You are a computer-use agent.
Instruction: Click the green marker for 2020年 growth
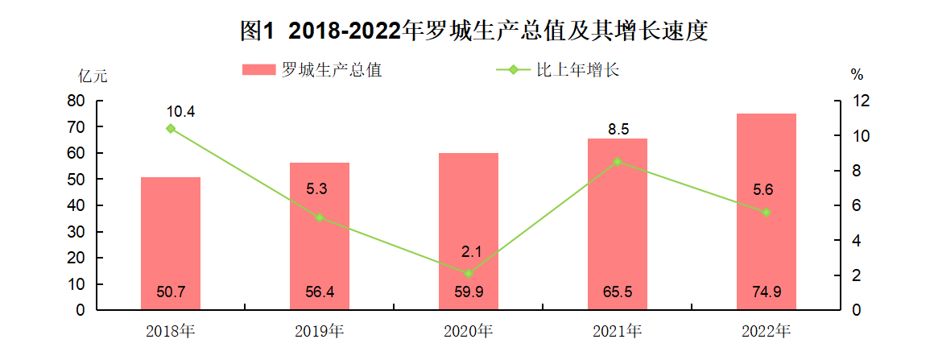click(x=469, y=273)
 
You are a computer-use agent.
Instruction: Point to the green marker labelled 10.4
click(x=171, y=128)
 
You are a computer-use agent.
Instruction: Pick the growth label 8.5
click(x=618, y=128)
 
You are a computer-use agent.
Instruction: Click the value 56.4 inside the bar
click(x=320, y=292)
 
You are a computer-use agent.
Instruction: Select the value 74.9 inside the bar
click(x=767, y=292)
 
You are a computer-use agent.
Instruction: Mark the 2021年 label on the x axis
click(x=618, y=330)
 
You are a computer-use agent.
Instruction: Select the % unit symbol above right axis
click(x=856, y=75)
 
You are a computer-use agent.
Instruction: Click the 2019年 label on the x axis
click(x=320, y=330)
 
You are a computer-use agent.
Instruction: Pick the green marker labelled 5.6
click(x=767, y=212)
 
